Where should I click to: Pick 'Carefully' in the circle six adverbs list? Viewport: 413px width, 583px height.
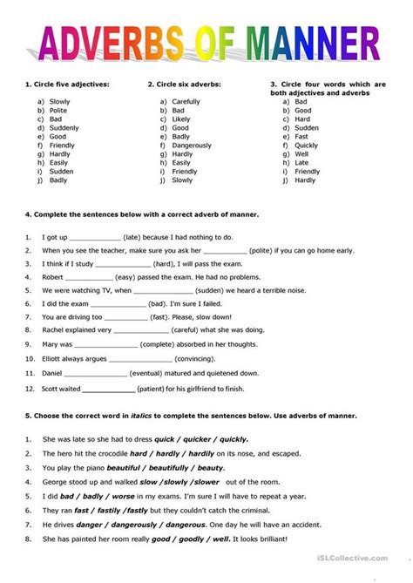186,101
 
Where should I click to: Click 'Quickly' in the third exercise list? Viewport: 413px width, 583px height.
308,145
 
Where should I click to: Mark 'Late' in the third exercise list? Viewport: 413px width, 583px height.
301,162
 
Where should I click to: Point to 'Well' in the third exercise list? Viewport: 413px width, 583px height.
301,153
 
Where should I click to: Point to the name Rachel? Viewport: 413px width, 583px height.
54,330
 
